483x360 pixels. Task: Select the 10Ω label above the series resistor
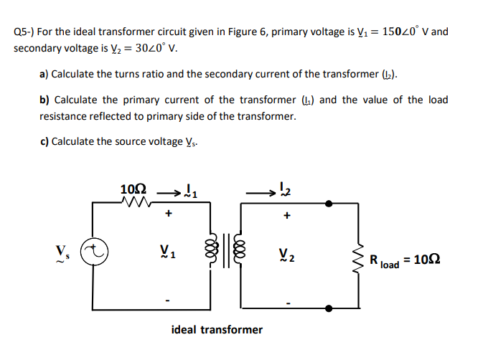[x=134, y=189]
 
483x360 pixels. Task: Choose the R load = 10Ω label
[x=405, y=260]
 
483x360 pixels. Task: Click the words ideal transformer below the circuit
[x=217, y=330]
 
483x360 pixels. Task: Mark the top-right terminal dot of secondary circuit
[x=329, y=204]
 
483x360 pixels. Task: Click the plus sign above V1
[x=168, y=214]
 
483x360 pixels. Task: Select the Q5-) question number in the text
[x=24, y=32]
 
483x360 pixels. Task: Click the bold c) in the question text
[x=44, y=141]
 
